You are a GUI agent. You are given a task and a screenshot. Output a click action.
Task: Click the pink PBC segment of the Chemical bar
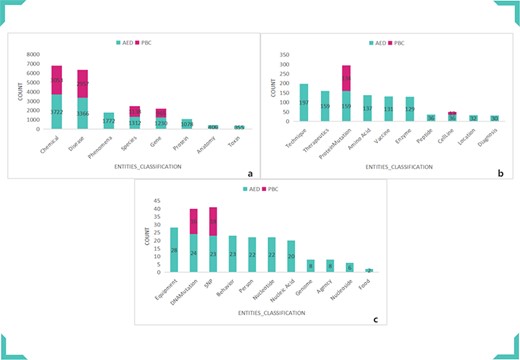coord(58,80)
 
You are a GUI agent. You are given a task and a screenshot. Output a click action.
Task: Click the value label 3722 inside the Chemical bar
coord(58,111)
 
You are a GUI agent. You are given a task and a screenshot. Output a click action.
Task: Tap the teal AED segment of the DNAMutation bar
coord(194,252)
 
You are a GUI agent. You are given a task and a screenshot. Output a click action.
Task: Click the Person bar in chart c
coord(252,254)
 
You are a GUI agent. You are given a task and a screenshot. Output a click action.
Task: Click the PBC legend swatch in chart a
coord(134,42)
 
